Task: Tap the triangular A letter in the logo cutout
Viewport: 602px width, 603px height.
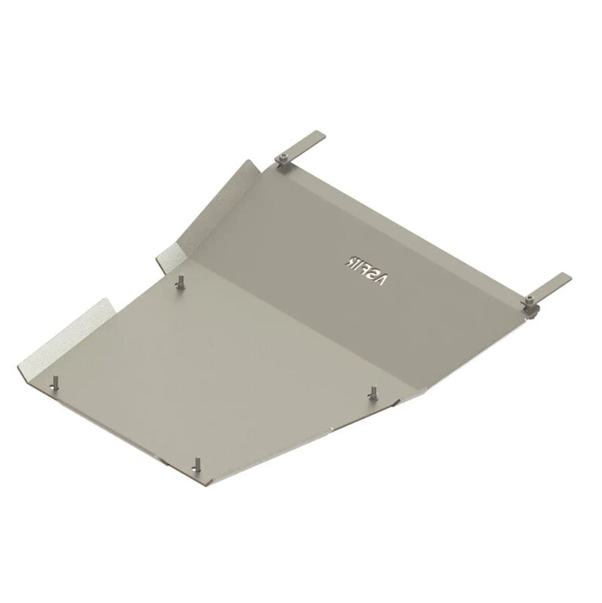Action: [382, 280]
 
